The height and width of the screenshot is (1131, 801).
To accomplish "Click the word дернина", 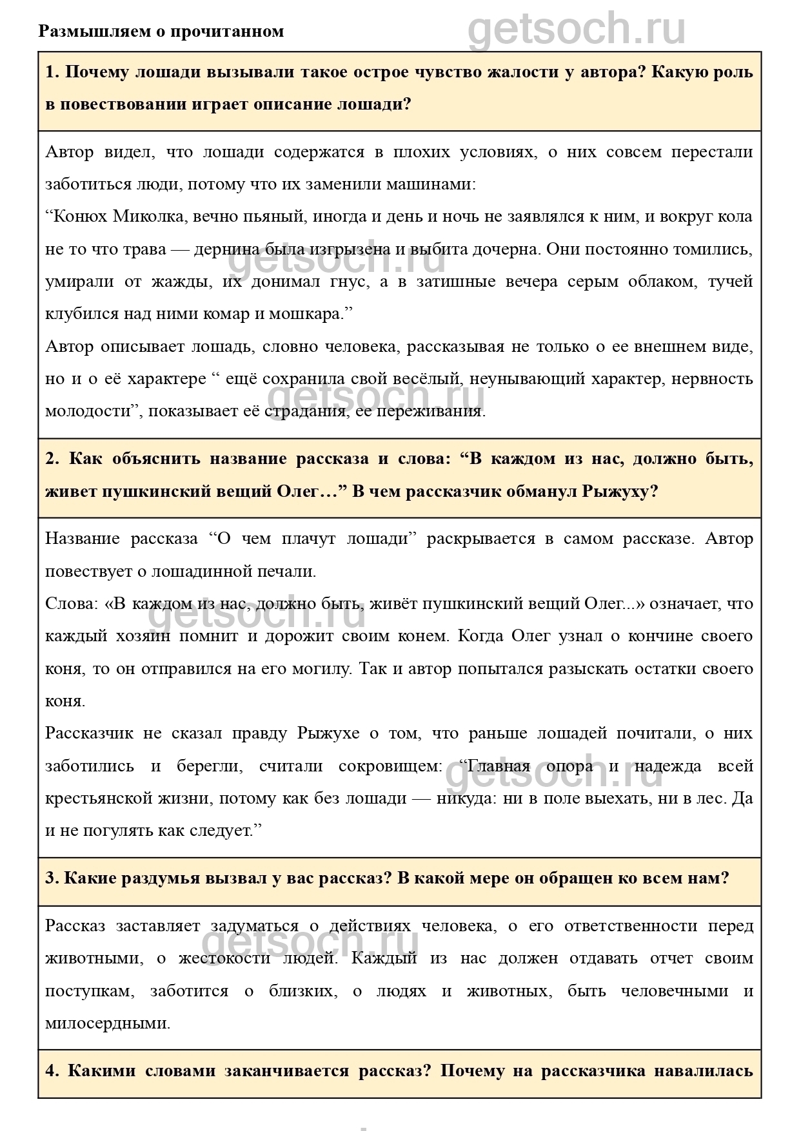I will pyautogui.click(x=225, y=249).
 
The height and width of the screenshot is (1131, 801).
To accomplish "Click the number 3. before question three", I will pyautogui.click(x=53, y=878).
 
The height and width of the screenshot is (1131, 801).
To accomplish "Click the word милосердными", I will pyautogui.click(x=108, y=1023).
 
